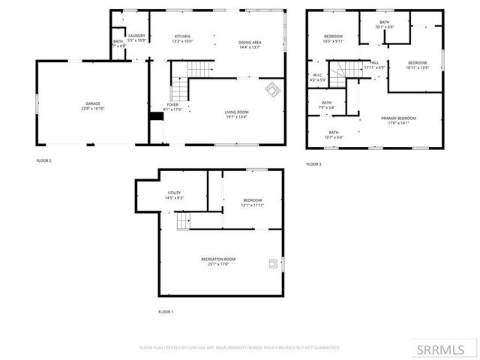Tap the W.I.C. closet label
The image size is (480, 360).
[x=318, y=76]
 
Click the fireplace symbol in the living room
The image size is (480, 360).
[x=273, y=89]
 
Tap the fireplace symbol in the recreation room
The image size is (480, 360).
[x=274, y=263]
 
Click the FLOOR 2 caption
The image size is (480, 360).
[x=43, y=160]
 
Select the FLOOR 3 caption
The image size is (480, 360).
[x=313, y=163]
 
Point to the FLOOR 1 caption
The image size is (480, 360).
[x=165, y=311]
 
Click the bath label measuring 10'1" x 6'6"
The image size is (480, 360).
[x=384, y=25]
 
